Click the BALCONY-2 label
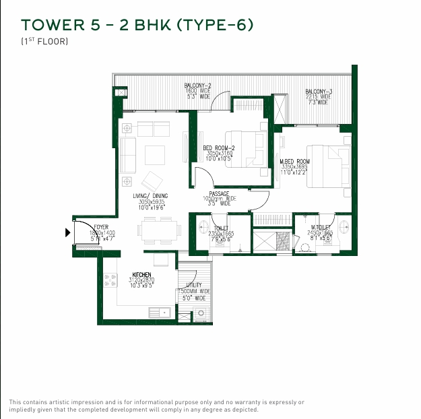(198, 86)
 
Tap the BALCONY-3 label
(318, 91)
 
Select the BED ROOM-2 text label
(218, 148)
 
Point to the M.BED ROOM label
(294, 162)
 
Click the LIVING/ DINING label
(150, 196)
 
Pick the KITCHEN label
(141, 275)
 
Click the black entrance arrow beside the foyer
(67, 233)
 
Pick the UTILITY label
(193, 285)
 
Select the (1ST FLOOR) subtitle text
(44, 42)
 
